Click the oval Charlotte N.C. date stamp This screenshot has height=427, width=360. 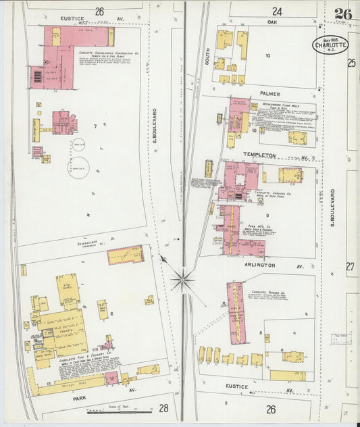(331, 45)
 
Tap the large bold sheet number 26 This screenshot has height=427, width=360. (342, 14)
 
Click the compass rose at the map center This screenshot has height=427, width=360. (182, 279)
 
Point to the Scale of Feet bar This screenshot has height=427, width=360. (118, 409)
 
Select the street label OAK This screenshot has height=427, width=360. (272, 22)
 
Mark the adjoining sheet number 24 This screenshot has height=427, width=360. (277, 11)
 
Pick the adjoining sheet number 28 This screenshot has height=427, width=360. (164, 408)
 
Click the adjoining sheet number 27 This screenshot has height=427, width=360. (351, 267)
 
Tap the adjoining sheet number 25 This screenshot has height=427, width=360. (351, 63)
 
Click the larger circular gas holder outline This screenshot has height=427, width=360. (78, 163)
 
